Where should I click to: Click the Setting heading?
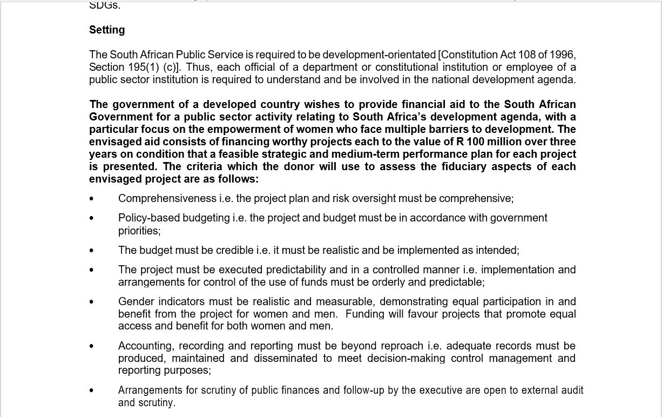click(107, 30)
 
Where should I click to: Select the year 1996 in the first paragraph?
click(562, 55)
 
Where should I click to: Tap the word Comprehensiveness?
click(167, 199)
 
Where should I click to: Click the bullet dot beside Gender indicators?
click(91, 302)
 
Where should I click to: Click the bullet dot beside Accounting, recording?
click(91, 346)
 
